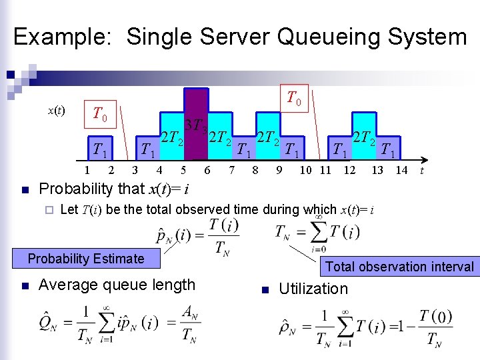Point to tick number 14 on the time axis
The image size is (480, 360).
[401, 171]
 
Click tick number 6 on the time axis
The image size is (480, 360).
[207, 171]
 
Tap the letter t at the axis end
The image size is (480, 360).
[421, 171]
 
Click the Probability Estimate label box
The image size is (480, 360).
[86, 259]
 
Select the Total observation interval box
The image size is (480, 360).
[399, 267]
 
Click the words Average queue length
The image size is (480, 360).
[117, 285]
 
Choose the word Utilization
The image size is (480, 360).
[313, 289]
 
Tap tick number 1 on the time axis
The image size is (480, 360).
[87, 171]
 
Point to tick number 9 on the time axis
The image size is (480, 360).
[279, 171]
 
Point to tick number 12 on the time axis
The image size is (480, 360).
[349, 171]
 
